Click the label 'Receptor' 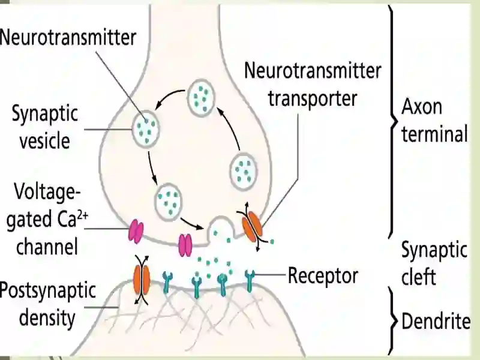point(323,275)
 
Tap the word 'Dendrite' point(436,321)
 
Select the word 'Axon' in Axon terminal point(422,107)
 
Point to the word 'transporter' point(313,98)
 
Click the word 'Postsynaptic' point(48,291)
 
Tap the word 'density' point(47,318)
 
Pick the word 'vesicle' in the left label point(45,141)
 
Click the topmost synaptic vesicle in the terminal point(201,97)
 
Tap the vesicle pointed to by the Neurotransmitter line point(146,129)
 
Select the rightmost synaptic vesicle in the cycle point(244,172)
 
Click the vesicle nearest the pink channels point(169,201)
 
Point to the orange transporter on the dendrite point(142,280)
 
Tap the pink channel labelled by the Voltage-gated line point(136,231)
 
